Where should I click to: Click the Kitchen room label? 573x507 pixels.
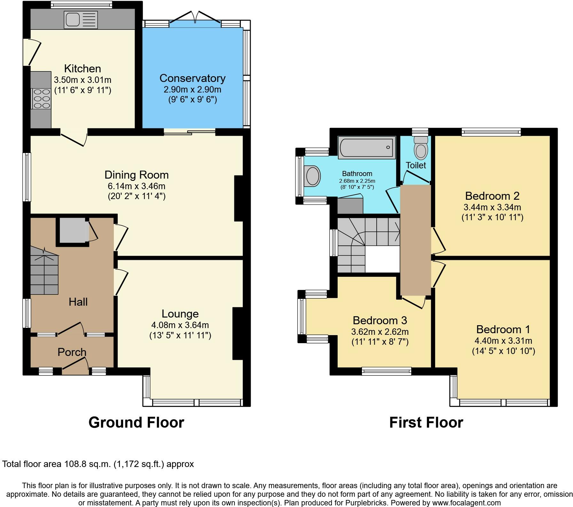coord(82,68)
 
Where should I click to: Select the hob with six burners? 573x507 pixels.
coord(41,98)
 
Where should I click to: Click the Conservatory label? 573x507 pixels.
coord(192,78)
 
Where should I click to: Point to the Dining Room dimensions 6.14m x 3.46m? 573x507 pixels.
coord(137,186)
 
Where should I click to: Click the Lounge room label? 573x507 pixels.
coord(180,314)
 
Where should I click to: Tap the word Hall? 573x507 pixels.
coord(78,302)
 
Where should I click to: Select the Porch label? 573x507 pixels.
coord(72,352)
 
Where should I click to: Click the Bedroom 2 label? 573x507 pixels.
coord(492,196)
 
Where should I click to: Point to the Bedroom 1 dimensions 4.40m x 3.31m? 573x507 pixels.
coord(504,341)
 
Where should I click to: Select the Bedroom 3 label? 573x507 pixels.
coord(380,320)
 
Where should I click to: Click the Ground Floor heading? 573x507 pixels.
coord(136,422)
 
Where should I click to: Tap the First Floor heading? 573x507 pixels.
coord(426,422)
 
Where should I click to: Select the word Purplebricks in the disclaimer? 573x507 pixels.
coord(367,503)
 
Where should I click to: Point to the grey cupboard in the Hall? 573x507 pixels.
coord(73,232)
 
